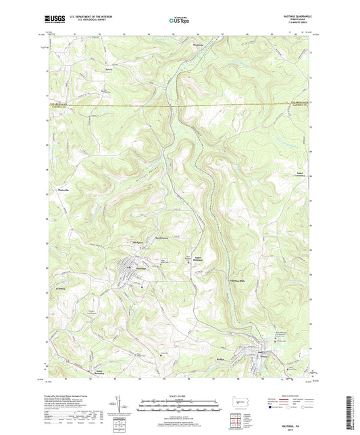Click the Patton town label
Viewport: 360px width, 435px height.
point(276,355)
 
